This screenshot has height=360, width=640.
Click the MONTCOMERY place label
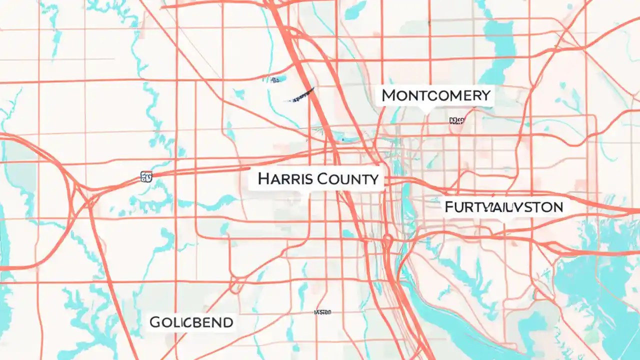pos(436,95)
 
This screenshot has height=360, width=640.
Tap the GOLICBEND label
pos(191,322)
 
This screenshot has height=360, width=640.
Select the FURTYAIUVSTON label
pos(503,206)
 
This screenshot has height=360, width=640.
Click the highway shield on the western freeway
pos(146,176)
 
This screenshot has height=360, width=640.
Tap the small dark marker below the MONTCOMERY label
pos(456,120)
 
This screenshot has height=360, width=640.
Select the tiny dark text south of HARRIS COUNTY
pos(322,312)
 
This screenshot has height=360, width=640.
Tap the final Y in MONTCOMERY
pos(485,95)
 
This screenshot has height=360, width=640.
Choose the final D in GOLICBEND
pos(227,322)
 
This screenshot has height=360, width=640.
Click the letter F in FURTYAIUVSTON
pos(449,206)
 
